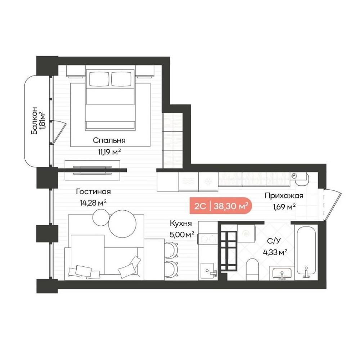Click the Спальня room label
(109, 140)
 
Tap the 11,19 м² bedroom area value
(109, 152)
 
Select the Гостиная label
(94, 192)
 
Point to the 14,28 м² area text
(93, 203)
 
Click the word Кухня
(181, 223)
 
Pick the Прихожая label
(284, 196)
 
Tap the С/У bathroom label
(274, 241)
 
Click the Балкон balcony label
(34, 120)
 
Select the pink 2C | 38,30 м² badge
(221, 206)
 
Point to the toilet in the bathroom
(252, 269)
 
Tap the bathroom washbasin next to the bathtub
(282, 273)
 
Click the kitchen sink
(208, 271)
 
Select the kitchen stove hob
(208, 239)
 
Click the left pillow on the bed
(99, 79)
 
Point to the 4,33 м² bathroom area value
(275, 253)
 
